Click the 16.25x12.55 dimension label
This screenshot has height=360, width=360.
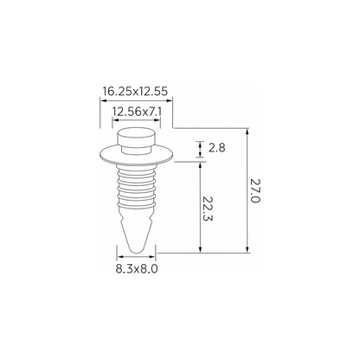pos(135,92)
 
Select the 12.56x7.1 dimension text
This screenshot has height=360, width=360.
pos(136,112)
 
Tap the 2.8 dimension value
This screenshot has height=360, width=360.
pos(216,148)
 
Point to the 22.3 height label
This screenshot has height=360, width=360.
pos(208,209)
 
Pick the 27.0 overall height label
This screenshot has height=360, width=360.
pos(255,190)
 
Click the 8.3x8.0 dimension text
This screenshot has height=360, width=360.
pos(137,269)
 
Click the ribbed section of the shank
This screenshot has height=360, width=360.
pos(136,186)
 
